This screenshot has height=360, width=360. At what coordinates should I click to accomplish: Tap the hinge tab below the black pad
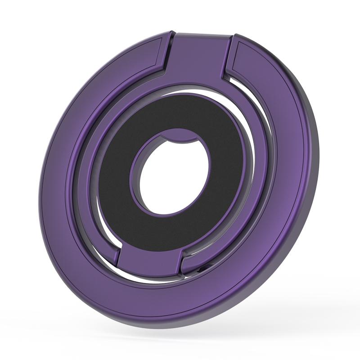tap(151, 261)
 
